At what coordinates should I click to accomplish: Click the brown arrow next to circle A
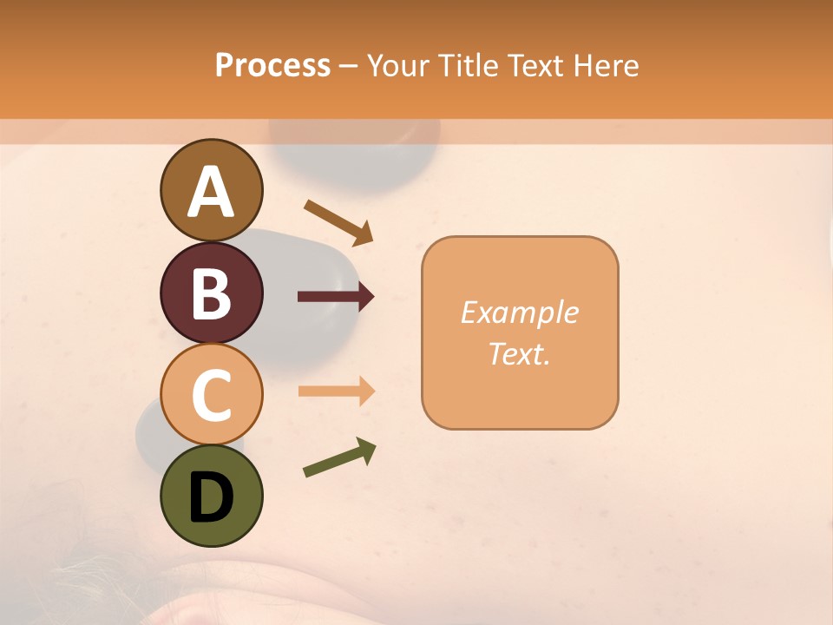tap(338, 222)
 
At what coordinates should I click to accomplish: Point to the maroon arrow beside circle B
tap(336, 297)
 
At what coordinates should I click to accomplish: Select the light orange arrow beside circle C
tap(336, 391)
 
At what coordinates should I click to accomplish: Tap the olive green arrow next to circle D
tap(339, 457)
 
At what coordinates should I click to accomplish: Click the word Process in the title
tap(272, 65)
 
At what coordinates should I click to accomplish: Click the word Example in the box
tap(520, 312)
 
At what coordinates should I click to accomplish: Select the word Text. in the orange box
tap(519, 353)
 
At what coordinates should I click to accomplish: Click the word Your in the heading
tap(396, 65)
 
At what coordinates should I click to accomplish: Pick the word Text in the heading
tap(534, 65)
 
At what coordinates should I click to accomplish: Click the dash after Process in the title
tap(349, 67)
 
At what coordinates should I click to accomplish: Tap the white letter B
tap(211, 293)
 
